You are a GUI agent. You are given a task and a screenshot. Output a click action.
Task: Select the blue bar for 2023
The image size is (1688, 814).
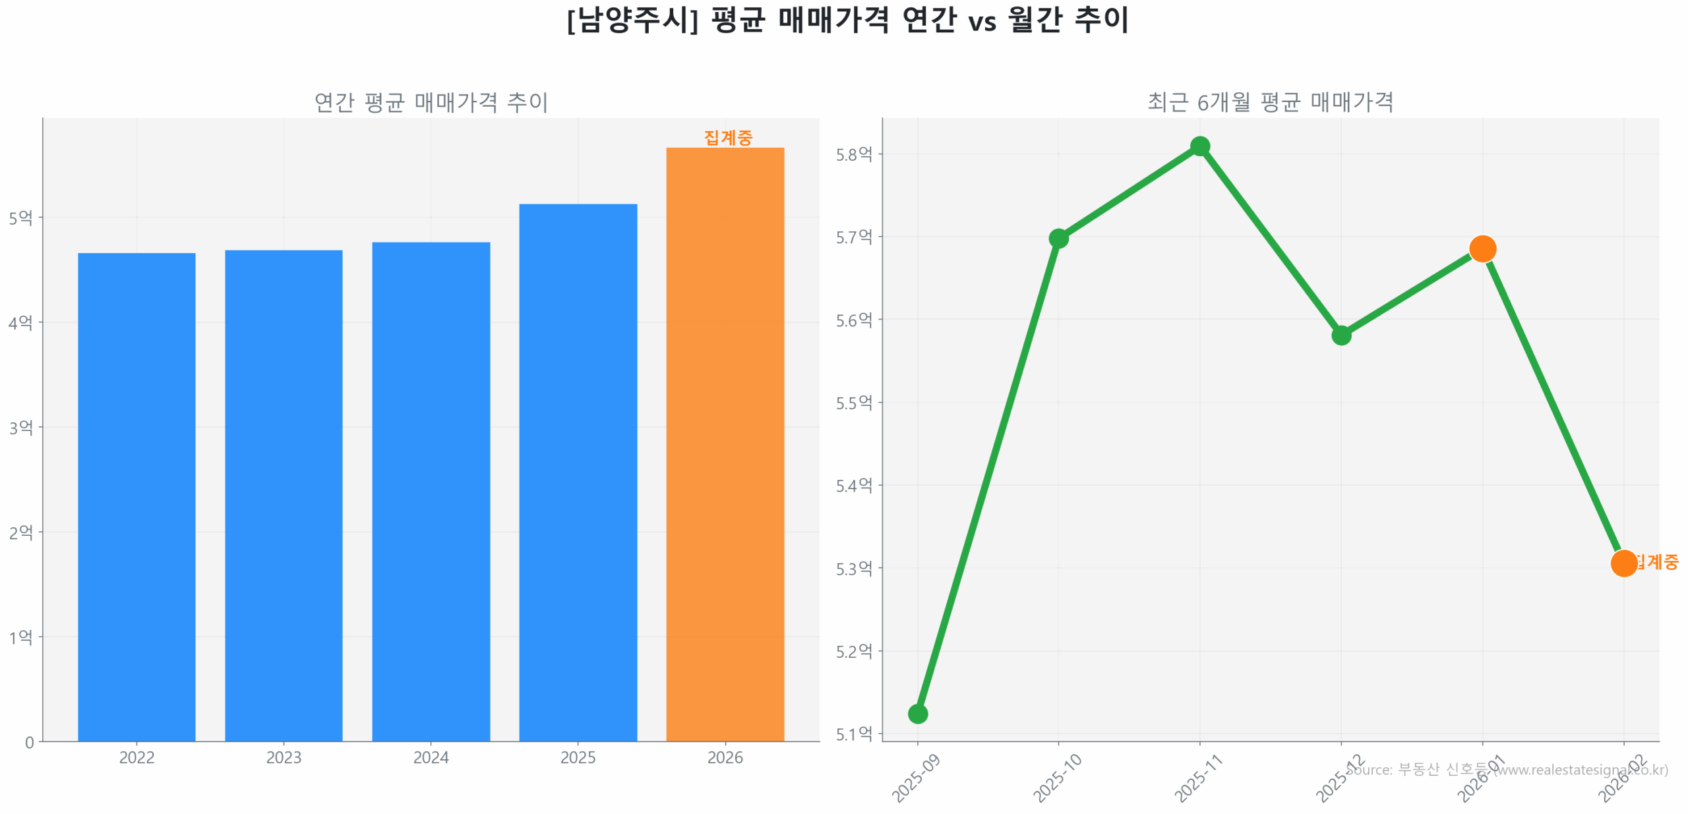click(284, 495)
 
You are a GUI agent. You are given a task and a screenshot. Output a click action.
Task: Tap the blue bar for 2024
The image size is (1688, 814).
click(431, 491)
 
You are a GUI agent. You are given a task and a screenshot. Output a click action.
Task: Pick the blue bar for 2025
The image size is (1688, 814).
click(578, 472)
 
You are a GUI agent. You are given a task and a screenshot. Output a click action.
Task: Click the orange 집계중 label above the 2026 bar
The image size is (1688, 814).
click(727, 137)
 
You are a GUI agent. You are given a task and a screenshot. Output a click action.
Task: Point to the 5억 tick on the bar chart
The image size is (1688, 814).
click(20, 218)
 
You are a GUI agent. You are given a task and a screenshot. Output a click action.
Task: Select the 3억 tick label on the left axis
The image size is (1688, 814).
click(20, 427)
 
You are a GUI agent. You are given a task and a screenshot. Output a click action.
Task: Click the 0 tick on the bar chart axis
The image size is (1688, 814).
click(29, 742)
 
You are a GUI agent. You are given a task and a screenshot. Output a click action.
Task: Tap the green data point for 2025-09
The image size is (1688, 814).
click(917, 713)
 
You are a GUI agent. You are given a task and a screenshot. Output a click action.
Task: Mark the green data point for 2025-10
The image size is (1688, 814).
click(1058, 238)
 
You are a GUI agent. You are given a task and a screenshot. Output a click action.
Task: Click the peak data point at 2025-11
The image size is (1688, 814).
click(1199, 146)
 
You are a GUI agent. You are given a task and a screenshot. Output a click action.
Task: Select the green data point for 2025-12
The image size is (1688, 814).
click(1341, 335)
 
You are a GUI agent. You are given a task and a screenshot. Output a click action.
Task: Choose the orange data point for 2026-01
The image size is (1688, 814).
click(1482, 248)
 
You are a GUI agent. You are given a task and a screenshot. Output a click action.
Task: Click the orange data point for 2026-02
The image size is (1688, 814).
click(1623, 563)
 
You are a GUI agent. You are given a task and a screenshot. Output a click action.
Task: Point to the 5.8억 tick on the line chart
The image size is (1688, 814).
click(853, 154)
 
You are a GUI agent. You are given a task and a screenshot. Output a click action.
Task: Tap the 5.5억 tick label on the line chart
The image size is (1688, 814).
click(853, 403)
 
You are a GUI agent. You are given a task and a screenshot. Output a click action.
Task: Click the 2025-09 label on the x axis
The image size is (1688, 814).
click(916, 778)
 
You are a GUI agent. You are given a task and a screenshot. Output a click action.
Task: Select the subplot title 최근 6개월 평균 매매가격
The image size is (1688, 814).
click(1270, 102)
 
